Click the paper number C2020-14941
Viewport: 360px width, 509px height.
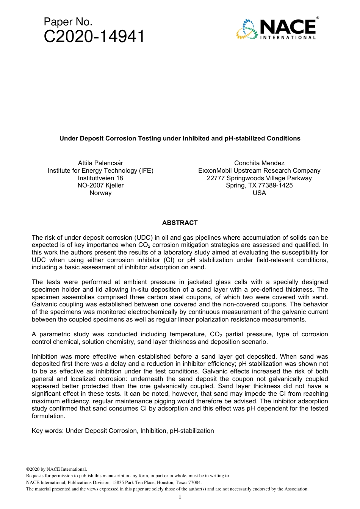point(94,37)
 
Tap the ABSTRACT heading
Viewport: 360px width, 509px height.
point(180,223)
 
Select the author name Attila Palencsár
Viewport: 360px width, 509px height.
point(100,163)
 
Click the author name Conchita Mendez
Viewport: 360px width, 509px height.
point(259,163)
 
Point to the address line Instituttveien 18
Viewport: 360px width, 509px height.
point(100,178)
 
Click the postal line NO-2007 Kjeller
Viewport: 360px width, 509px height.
point(100,186)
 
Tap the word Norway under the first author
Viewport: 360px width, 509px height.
point(100,193)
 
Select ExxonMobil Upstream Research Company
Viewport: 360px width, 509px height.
point(259,171)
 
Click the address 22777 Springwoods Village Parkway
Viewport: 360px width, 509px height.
point(259,178)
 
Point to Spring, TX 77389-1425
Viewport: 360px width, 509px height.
point(259,186)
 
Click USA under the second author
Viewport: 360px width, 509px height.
point(259,193)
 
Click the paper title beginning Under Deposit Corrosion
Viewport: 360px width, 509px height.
point(180,139)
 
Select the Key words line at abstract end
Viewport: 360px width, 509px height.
point(123,431)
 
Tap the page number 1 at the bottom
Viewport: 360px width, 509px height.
point(180,497)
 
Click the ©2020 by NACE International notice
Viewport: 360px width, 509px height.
point(56,469)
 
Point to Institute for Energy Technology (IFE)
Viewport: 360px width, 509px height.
point(100,171)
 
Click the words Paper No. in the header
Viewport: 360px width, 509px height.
point(68,22)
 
